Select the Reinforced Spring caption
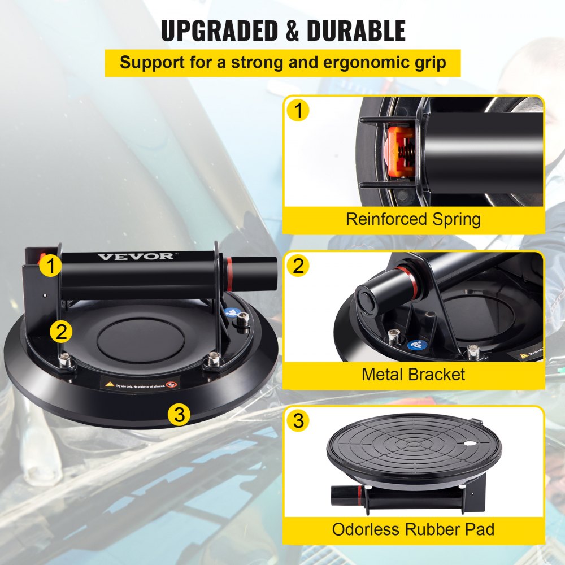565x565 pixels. pyautogui.click(x=413, y=219)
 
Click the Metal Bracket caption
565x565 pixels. pyautogui.click(x=414, y=373)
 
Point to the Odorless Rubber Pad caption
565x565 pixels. pyautogui.click(x=413, y=529)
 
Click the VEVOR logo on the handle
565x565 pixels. pyautogui.click(x=136, y=257)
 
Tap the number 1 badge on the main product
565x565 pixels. pyautogui.click(x=51, y=265)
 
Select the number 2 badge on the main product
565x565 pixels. pyautogui.click(x=60, y=331)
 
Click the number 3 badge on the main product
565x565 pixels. pyautogui.click(x=179, y=415)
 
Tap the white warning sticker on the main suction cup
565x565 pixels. pyautogui.click(x=140, y=383)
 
